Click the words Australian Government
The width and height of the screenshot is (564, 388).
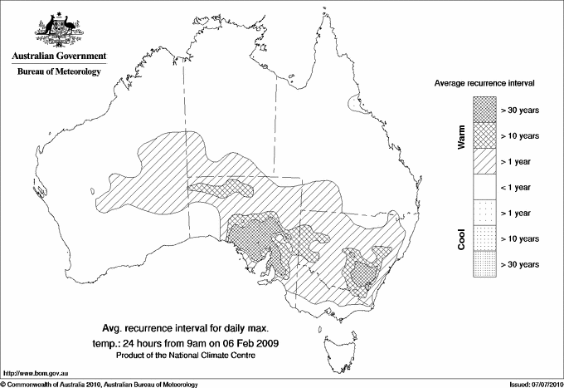coord(58,56)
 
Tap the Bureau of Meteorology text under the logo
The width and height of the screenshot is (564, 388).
coord(58,72)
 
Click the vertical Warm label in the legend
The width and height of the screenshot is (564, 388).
coord(461,137)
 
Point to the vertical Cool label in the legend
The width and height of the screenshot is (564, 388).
coord(461,238)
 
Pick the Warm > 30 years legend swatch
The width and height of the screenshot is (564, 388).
coord(483,110)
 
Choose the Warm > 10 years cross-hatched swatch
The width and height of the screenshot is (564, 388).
coord(483,135)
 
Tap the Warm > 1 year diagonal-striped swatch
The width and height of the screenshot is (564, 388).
coord(483,161)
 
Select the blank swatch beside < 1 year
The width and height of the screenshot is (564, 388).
coord(483,187)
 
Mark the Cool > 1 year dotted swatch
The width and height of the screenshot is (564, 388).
coord(483,213)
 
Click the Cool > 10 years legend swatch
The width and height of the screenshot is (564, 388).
coord(483,238)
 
